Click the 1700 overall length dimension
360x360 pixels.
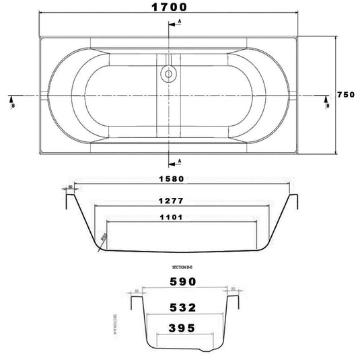click(166, 7)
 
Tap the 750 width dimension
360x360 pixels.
click(345, 95)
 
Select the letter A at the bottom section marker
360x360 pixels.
click(180, 161)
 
